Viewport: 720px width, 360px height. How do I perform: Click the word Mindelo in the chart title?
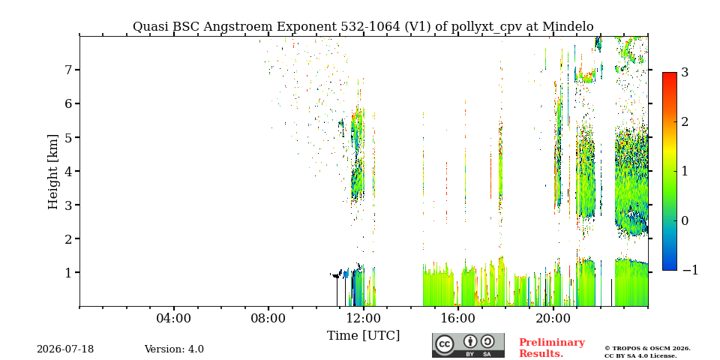coord(568,27)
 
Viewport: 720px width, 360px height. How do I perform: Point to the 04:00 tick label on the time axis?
coord(174,319)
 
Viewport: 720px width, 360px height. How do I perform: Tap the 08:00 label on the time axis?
coord(268,319)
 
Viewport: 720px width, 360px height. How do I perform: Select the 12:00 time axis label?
coord(363,319)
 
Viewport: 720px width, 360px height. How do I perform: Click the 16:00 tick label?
coord(458,319)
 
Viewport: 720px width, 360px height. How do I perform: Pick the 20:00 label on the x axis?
coord(553,319)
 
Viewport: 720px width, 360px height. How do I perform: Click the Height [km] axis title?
coord(53,172)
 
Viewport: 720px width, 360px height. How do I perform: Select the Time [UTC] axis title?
coord(363,336)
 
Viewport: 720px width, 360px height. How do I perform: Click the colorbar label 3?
coord(685,72)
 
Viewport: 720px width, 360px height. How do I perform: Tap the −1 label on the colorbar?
coord(690,270)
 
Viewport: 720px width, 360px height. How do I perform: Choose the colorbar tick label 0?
coord(685,220)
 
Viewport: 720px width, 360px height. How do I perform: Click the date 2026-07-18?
coord(65,349)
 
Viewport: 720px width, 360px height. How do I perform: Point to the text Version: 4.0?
coord(174,349)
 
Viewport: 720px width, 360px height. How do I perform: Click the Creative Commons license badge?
coord(468,345)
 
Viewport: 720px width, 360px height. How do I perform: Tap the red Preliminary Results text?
coord(552,348)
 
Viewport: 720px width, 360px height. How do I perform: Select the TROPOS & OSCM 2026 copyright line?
coord(647,349)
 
